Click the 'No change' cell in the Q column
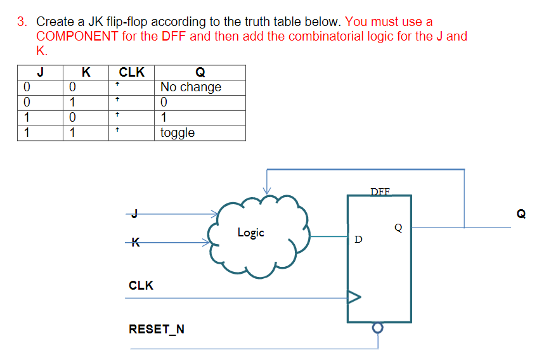[x=191, y=87]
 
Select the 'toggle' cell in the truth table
[x=178, y=132]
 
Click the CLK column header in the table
[x=132, y=72]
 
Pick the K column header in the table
[x=86, y=72]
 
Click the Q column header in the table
[x=200, y=72]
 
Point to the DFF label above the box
[x=380, y=191]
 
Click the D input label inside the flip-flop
[x=359, y=240]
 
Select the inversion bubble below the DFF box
[x=378, y=328]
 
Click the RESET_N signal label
[x=157, y=329]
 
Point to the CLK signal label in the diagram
[x=141, y=285]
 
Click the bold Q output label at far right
[x=521, y=214]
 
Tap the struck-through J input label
[x=134, y=214]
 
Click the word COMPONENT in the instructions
[x=77, y=36]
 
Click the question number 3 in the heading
[x=22, y=22]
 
